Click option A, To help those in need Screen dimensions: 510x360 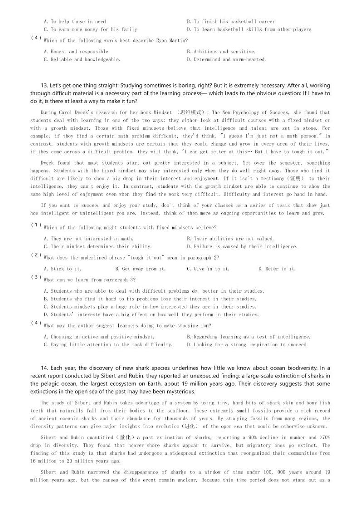point(75,21)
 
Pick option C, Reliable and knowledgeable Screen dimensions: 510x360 point(82,59)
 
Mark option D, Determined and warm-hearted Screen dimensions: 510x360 point(226,59)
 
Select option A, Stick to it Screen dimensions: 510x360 point(62,269)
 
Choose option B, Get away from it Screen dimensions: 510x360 point(136,269)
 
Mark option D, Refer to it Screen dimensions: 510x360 point(277,269)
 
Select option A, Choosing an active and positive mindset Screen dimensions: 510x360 point(99,337)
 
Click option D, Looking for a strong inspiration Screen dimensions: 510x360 point(247,344)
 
